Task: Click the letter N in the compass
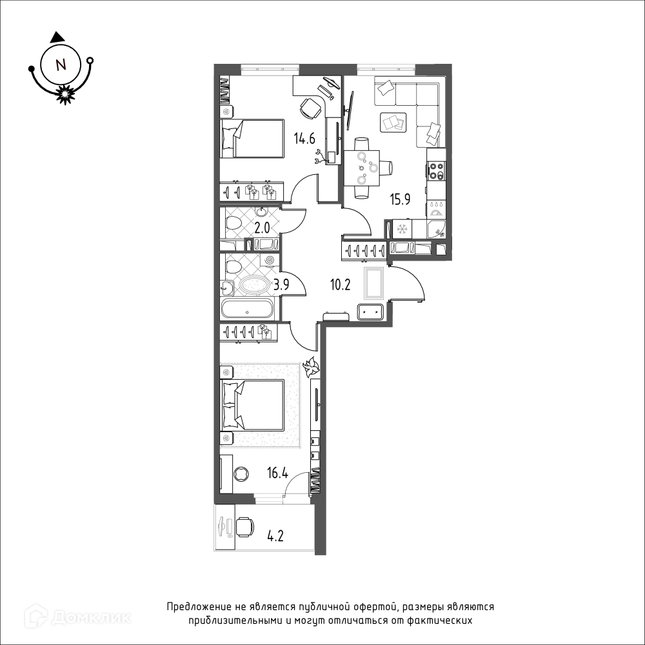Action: click(61, 64)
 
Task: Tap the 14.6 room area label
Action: click(304, 139)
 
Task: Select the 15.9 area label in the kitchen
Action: click(401, 199)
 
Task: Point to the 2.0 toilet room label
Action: click(262, 228)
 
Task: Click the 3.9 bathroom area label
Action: click(281, 284)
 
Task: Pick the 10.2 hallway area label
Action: click(340, 284)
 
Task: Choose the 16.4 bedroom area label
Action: click(277, 473)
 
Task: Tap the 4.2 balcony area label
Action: click(275, 537)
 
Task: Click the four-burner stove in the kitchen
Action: click(436, 171)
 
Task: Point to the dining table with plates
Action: click(361, 168)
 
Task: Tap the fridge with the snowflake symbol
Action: click(402, 229)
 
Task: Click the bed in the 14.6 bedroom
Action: click(252, 139)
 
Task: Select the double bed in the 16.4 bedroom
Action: click(252, 406)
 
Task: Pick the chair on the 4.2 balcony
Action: click(244, 528)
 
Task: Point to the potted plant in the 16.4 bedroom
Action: click(311, 367)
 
